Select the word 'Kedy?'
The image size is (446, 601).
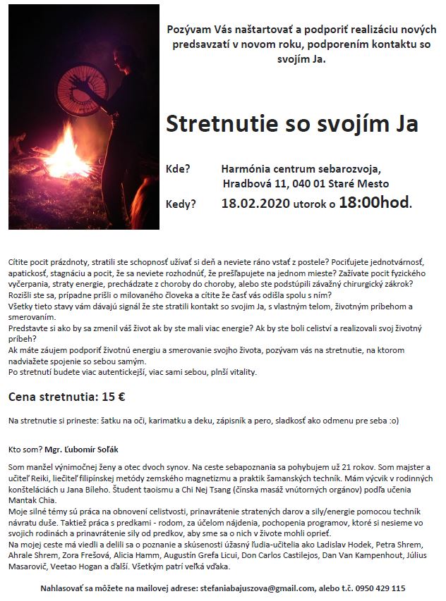coord(181,204)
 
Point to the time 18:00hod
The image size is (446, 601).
coord(375,204)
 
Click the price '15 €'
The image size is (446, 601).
coord(114,397)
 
